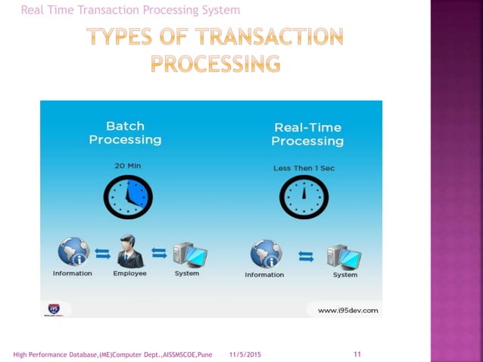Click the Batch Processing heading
click(125, 133)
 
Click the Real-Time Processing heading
click(307, 134)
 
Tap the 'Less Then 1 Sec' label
click(303, 167)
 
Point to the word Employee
click(129, 273)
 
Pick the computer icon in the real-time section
click(344, 255)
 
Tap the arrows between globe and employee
click(101, 253)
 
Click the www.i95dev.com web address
click(347, 311)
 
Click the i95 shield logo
click(54, 308)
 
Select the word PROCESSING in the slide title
click(215, 63)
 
